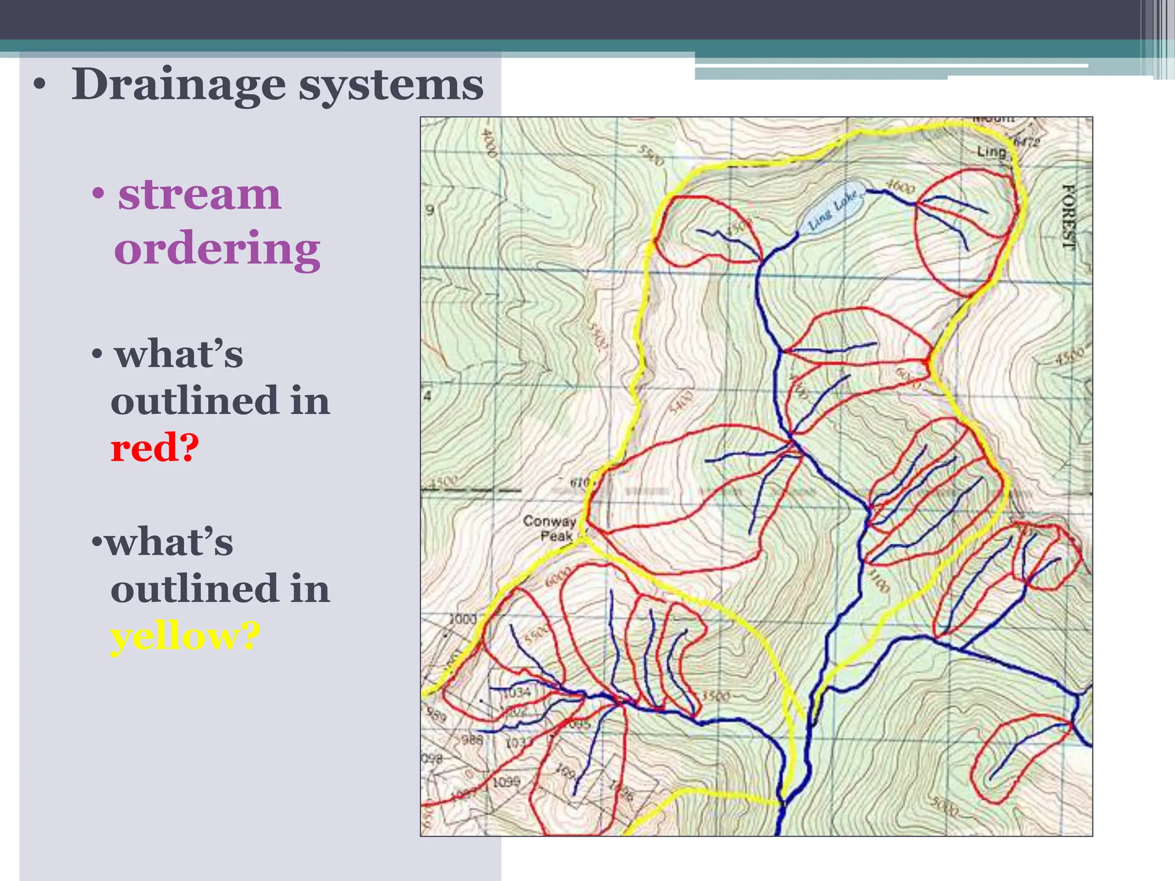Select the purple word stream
point(200,195)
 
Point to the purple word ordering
point(217,250)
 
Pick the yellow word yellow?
point(185,637)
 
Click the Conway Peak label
point(549,528)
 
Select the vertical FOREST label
point(1068,216)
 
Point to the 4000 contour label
point(488,143)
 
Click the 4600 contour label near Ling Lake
point(900,186)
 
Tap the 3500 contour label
point(716,696)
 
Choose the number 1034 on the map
point(517,692)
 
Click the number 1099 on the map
point(506,782)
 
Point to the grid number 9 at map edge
point(430,210)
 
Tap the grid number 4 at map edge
point(427,396)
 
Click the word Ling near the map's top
point(991,151)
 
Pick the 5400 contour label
point(681,401)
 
